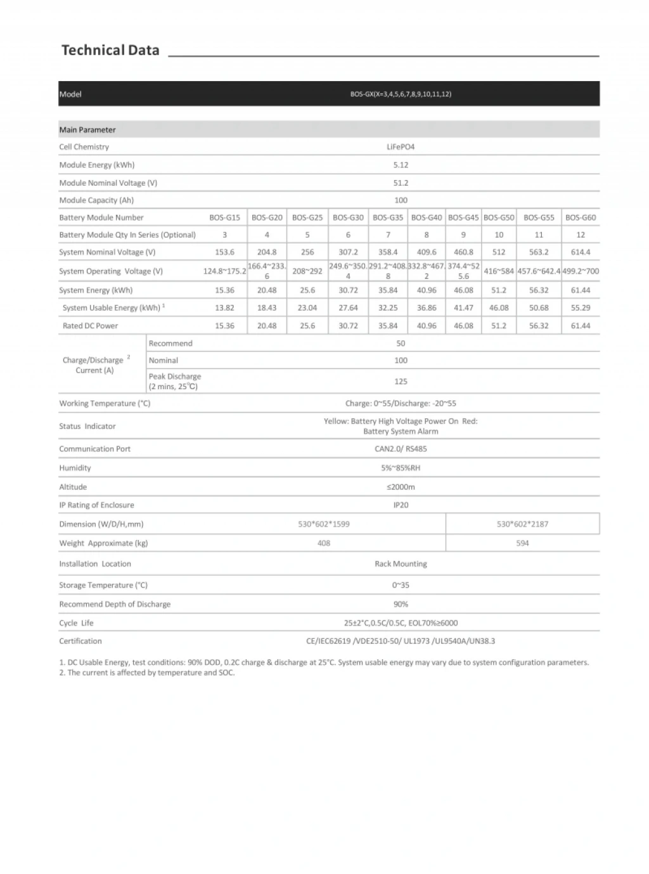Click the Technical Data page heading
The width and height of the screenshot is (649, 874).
(x=110, y=51)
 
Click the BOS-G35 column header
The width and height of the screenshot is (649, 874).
(x=388, y=217)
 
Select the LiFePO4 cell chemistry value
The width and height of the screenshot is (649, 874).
(x=401, y=147)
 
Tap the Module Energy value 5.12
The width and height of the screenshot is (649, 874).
(x=401, y=165)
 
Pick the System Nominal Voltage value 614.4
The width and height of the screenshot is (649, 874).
(x=581, y=252)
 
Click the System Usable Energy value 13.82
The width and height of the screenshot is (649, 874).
(x=224, y=308)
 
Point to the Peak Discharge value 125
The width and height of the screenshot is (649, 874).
(x=401, y=382)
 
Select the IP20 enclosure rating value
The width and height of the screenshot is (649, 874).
(x=401, y=505)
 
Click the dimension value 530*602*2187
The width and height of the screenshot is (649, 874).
(x=522, y=524)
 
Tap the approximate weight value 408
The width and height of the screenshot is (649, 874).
(x=324, y=543)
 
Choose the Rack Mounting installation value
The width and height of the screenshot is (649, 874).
(x=401, y=564)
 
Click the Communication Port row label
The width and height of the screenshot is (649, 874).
(x=95, y=449)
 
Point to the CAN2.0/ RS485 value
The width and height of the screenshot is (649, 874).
(x=401, y=449)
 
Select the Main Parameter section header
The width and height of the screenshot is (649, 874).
(x=87, y=130)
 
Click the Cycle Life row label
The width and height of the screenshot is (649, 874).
(x=76, y=623)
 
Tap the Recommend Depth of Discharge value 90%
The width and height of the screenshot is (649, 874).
(x=401, y=605)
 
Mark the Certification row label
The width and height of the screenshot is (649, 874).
(x=80, y=641)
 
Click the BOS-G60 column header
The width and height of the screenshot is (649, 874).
(x=581, y=217)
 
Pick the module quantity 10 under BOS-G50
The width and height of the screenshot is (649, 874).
(x=499, y=235)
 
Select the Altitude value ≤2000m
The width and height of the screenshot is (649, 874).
(x=401, y=487)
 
